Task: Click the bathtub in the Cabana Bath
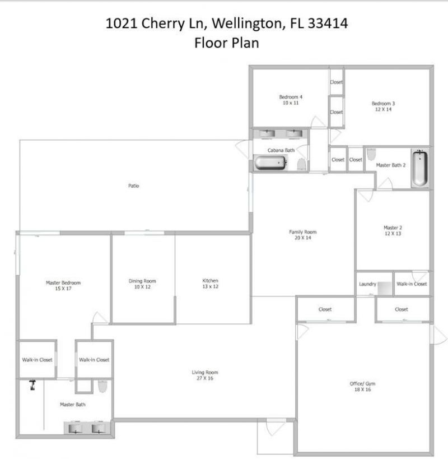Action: pyautogui.click(x=270, y=163)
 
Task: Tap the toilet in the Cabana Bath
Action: pyautogui.click(x=301, y=164)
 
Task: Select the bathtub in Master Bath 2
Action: pyautogui.click(x=419, y=168)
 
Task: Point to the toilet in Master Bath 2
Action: pyautogui.click(x=371, y=154)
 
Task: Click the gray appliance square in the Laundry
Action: pyautogui.click(x=385, y=288)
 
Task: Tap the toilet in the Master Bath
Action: pyautogui.click(x=102, y=387)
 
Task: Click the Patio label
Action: pyautogui.click(x=133, y=186)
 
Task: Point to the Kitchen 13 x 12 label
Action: pyautogui.click(x=210, y=284)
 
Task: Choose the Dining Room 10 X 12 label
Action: pyautogui.click(x=142, y=284)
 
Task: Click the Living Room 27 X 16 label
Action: pyautogui.click(x=204, y=375)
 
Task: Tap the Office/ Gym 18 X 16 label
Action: pyautogui.click(x=362, y=386)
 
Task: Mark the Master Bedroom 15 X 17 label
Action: pyautogui.click(x=63, y=286)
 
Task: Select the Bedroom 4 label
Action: pyautogui.click(x=291, y=100)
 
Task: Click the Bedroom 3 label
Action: pyautogui.click(x=383, y=106)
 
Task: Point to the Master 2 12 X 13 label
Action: pyautogui.click(x=393, y=230)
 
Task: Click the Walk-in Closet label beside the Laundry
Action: pyautogui.click(x=412, y=284)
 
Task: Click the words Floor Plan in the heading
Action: pyautogui.click(x=226, y=43)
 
